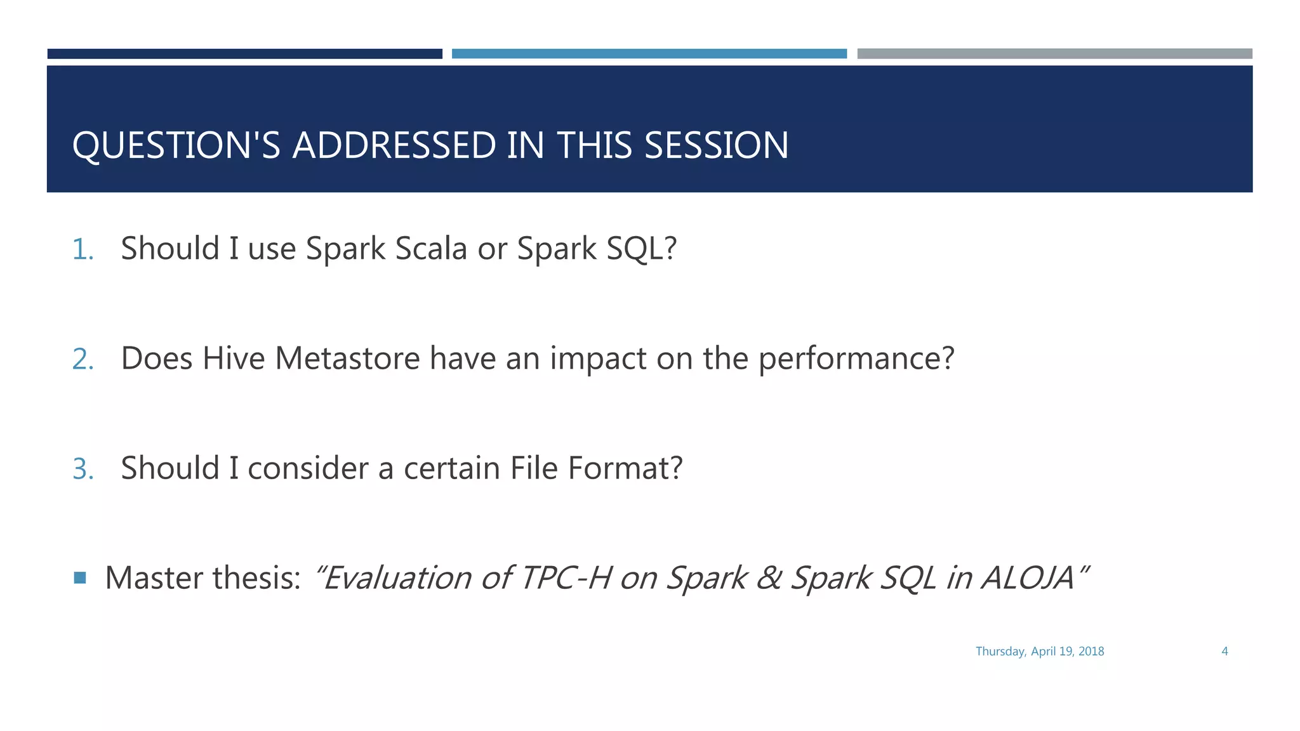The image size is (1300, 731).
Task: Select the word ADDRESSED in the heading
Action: point(394,145)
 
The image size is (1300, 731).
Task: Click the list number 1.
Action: point(83,249)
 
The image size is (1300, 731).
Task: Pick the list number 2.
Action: point(83,359)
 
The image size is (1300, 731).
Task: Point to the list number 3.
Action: point(83,469)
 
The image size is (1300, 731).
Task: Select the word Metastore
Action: point(347,359)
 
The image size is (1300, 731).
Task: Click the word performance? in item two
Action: point(856,359)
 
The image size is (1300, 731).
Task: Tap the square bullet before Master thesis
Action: point(80,577)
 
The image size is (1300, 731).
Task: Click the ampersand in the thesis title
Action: point(769,578)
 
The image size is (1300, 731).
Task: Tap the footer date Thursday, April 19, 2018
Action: point(1039,651)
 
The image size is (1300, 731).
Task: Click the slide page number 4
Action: point(1224,651)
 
